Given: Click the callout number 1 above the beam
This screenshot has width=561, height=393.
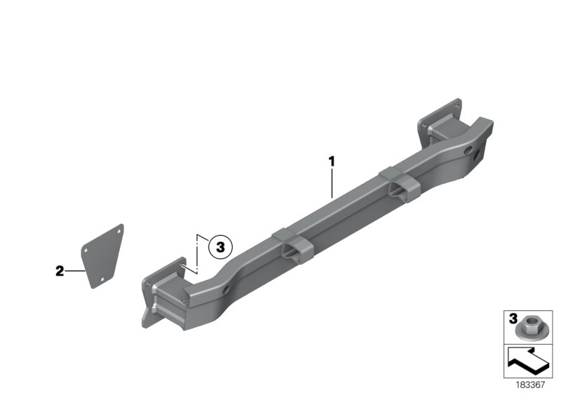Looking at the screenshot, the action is tap(332, 162).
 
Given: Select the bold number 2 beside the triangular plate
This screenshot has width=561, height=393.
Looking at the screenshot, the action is tap(60, 271).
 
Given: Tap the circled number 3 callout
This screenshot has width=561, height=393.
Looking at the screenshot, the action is tap(220, 247).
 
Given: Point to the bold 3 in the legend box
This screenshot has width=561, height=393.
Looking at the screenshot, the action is tap(513, 318).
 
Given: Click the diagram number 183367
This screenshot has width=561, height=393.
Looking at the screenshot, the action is tap(530, 385).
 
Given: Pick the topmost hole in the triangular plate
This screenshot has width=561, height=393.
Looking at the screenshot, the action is tap(118, 231).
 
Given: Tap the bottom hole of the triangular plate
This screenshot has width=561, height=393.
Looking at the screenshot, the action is tap(102, 279).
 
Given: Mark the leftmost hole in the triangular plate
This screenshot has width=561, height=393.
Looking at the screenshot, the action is tap(86, 251).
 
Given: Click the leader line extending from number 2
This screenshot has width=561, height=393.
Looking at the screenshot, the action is tap(75, 272).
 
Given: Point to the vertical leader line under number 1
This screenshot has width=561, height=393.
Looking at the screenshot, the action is tap(332, 183).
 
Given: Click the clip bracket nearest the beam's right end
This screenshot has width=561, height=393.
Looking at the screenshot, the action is tap(400, 185).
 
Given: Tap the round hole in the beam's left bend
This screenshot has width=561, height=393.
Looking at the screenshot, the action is tap(226, 290).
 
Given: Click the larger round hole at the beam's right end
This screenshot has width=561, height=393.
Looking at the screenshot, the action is tap(478, 155).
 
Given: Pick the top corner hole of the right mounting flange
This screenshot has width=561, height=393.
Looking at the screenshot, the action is tap(457, 105).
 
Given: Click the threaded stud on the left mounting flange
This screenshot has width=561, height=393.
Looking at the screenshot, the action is tap(184, 266).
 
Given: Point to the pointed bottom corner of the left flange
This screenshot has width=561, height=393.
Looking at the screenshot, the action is tap(144, 326).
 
